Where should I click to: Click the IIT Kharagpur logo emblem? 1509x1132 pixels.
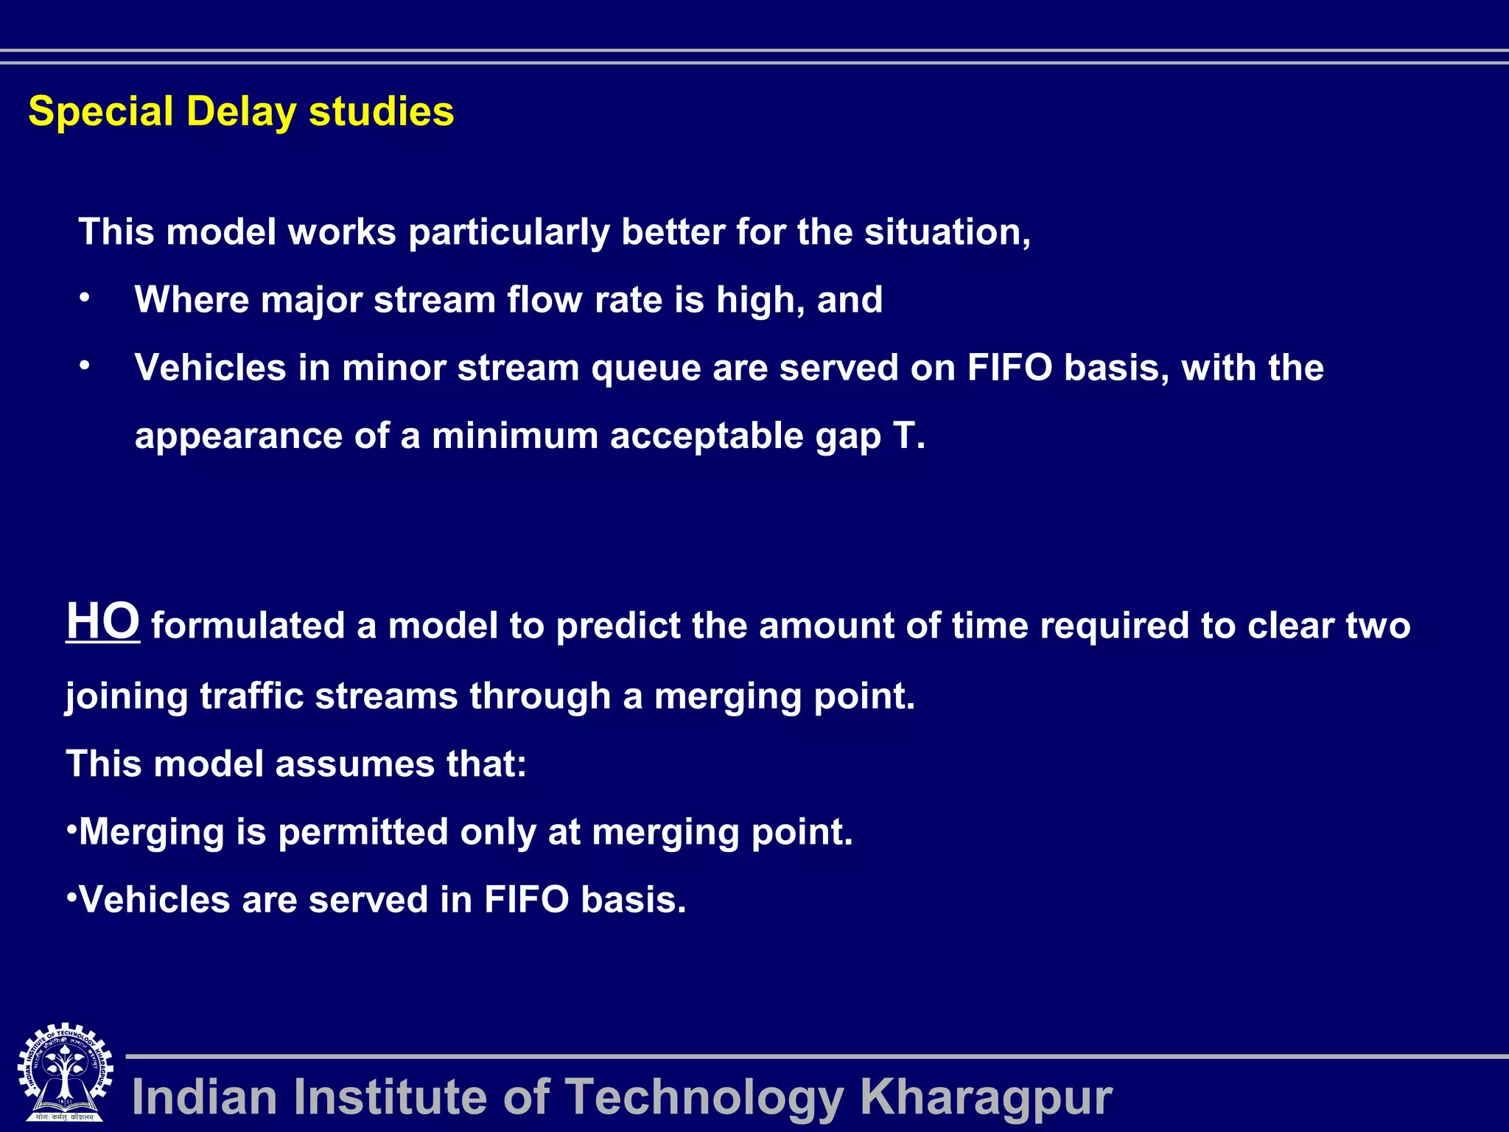pyautogui.click(x=65, y=1073)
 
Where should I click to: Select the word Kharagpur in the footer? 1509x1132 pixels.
pyautogui.click(x=986, y=1097)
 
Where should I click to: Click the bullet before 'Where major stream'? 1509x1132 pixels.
pyautogui.click(x=85, y=298)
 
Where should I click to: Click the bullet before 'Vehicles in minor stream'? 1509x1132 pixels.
pyautogui.click(x=85, y=366)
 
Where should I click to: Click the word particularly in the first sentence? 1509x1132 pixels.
pyautogui.click(x=508, y=233)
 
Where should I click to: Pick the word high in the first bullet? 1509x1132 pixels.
pyautogui.click(x=760, y=301)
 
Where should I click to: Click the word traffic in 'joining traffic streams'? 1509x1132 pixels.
pyautogui.click(x=251, y=696)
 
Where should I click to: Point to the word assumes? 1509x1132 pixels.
pyautogui.click(x=354, y=764)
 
